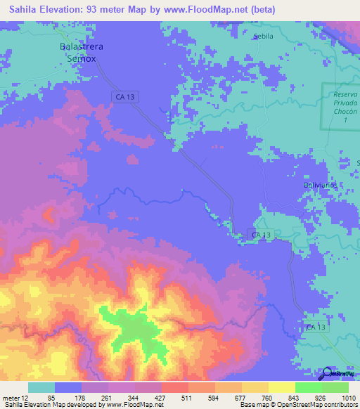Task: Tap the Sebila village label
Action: click(262, 36)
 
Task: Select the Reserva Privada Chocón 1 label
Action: click(340, 107)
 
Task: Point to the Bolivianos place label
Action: click(321, 184)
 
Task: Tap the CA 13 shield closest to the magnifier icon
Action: click(316, 327)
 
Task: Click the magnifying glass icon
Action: click(328, 373)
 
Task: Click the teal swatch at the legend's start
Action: click(41, 387)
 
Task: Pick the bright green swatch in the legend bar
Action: click(308, 387)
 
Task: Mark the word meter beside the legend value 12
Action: click(12, 397)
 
